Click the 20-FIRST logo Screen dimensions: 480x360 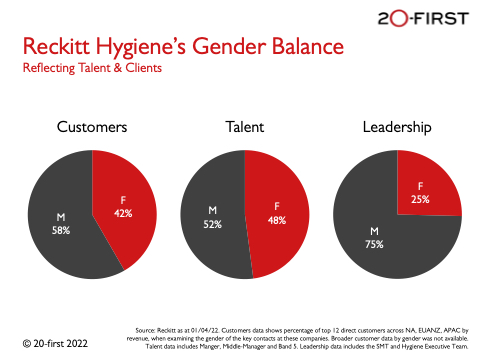[423, 18]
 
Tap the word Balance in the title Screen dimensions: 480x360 [307, 46]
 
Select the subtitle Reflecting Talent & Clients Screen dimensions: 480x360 [92, 68]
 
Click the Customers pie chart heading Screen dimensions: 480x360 [92, 127]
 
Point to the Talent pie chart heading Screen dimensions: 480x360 [245, 127]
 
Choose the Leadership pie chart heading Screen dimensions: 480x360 [397, 128]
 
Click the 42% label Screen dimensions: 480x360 [123, 213]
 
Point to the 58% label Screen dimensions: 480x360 [61, 230]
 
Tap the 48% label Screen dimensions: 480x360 [277, 220]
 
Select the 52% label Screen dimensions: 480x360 [213, 224]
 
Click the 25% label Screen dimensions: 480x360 [420, 199]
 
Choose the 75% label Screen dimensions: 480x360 [374, 244]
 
